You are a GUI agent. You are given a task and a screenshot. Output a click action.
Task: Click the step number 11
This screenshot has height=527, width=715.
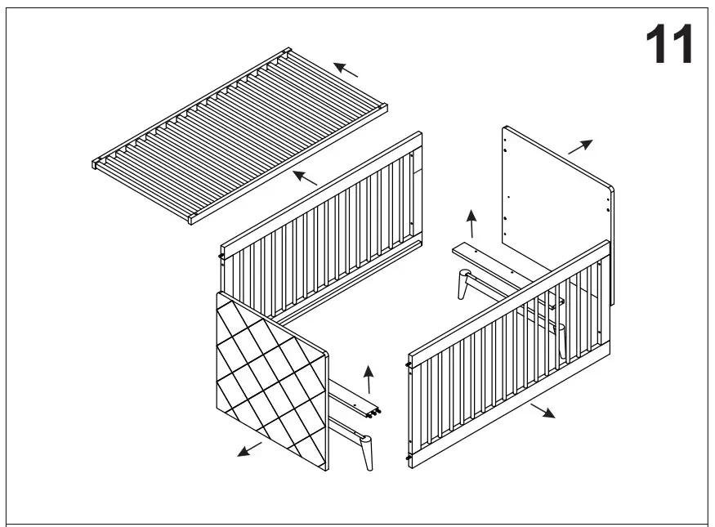point(669,44)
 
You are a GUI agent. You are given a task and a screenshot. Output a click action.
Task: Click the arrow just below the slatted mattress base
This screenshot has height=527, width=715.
point(306,176)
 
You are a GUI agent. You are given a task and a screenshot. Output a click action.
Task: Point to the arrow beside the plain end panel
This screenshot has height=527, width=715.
point(580,147)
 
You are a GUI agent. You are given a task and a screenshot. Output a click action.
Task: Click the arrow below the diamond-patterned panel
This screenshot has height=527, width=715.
point(250,449)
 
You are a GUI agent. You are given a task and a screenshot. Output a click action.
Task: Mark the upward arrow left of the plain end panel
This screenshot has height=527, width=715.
point(471,222)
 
